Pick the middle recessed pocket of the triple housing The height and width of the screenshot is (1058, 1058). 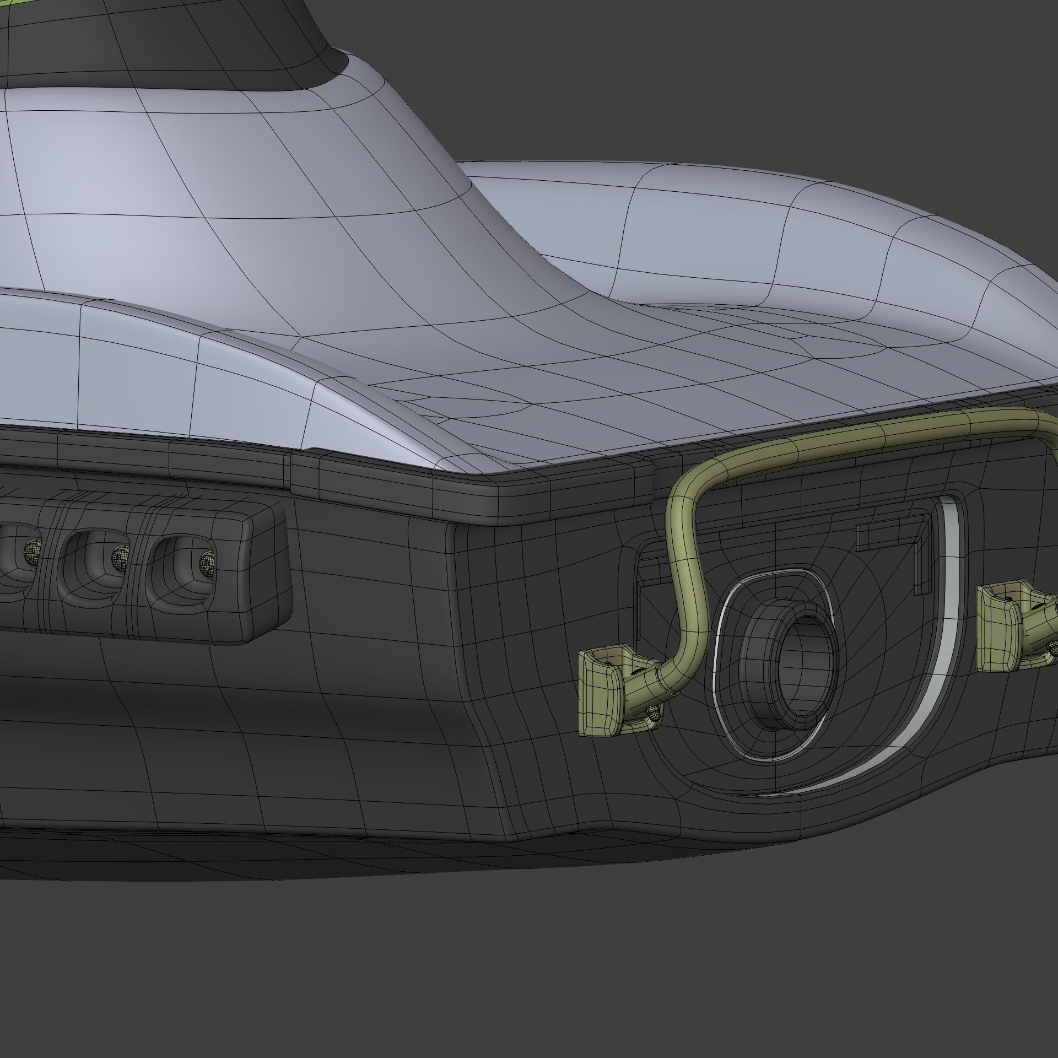coord(88,562)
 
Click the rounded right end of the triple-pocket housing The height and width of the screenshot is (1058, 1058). coord(270,573)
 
